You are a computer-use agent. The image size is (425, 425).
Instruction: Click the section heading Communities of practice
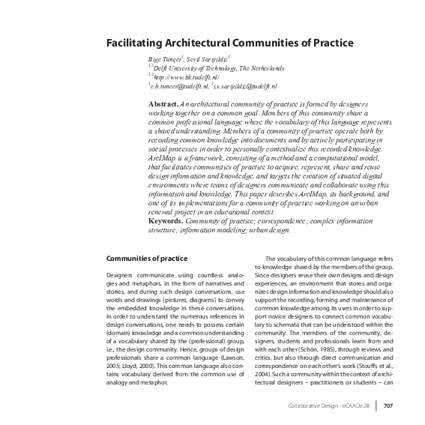tap(146, 259)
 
